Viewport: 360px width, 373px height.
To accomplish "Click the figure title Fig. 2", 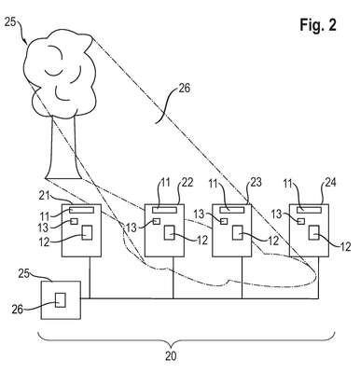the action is [318, 24].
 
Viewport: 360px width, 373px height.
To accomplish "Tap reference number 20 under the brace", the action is [171, 356].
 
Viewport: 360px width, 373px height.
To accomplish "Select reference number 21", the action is [45, 196].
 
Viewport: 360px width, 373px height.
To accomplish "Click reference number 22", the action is [187, 182].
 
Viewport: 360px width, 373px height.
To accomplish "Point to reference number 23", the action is [256, 182].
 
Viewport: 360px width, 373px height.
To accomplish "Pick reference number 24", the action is [330, 182].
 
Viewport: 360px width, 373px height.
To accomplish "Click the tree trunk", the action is [62, 147].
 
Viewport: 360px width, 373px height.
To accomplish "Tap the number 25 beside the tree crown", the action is [10, 22].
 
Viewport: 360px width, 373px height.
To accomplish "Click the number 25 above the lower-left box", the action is [24, 273].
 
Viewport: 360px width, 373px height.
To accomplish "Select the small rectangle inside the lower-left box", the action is [61, 300].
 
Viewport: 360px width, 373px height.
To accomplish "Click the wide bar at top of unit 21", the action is [81, 210].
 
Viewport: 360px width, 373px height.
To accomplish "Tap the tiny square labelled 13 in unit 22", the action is [157, 221].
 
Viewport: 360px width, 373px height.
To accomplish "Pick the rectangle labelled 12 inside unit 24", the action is [314, 232].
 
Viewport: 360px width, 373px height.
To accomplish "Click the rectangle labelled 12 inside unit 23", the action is [238, 232].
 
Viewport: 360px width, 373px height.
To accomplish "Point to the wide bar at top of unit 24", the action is [309, 210].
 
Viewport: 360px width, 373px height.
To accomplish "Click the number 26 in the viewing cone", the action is [184, 89].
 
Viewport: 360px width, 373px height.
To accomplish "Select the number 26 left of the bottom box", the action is [18, 310].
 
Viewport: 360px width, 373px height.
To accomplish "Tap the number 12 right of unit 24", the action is [345, 246].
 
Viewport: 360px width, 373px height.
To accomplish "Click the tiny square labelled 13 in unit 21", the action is [74, 221].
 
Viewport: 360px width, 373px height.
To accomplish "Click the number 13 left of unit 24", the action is [277, 214].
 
